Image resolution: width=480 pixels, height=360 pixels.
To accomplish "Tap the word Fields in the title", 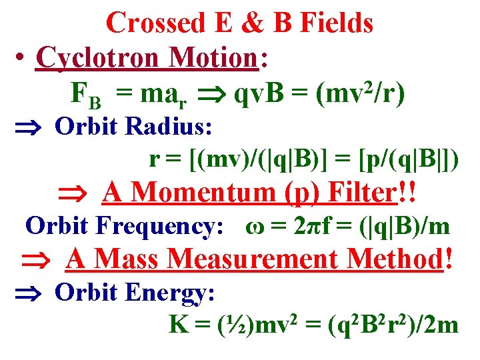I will [337, 23].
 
